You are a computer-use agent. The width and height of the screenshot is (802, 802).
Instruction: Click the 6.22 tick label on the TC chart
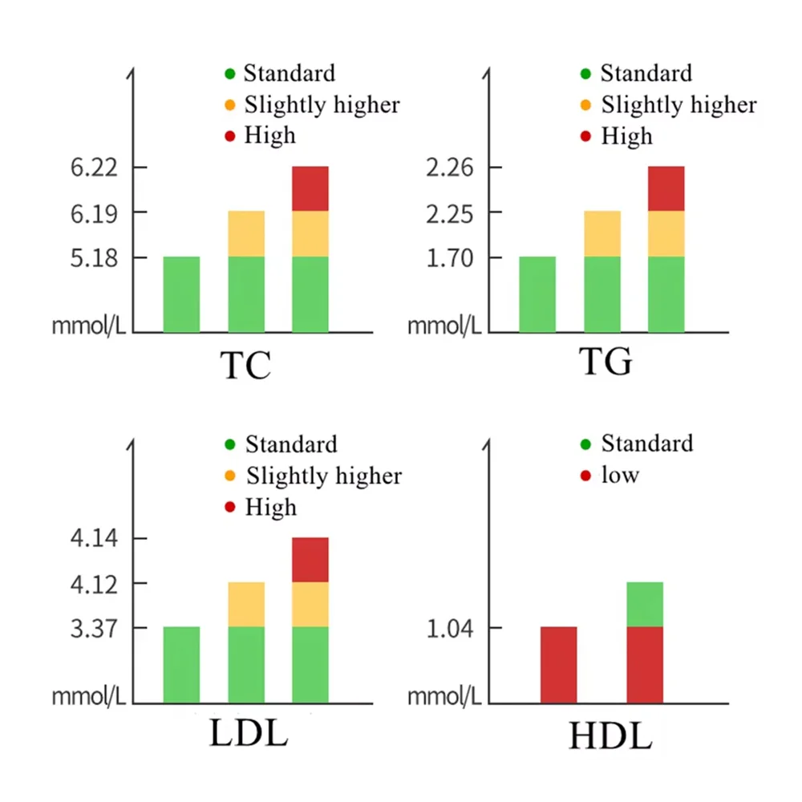click(x=94, y=168)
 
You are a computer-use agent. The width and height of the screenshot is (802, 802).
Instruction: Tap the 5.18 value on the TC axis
click(x=94, y=258)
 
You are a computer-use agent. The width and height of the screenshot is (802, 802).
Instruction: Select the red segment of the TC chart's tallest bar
click(x=310, y=188)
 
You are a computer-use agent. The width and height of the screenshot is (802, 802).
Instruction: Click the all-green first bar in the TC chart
click(x=181, y=294)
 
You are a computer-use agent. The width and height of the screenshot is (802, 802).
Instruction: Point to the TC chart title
click(x=245, y=366)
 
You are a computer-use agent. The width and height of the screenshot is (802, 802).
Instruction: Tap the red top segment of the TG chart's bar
click(x=666, y=188)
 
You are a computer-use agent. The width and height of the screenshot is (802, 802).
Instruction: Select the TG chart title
click(x=606, y=363)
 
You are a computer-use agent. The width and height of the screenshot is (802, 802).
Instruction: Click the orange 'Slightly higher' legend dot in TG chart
click(x=585, y=105)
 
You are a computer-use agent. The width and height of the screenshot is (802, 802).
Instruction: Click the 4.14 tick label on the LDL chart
click(x=94, y=539)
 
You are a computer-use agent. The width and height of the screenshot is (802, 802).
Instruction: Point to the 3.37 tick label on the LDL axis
click(x=94, y=628)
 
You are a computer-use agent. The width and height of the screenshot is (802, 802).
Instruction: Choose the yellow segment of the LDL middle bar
click(x=246, y=604)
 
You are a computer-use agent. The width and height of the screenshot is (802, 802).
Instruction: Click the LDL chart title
click(x=248, y=734)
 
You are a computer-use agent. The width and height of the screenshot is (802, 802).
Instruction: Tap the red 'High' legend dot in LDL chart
click(x=229, y=508)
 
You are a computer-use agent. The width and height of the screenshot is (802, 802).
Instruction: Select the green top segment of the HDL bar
click(x=644, y=604)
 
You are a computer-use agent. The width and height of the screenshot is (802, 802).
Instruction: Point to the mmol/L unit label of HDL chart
click(x=444, y=695)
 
